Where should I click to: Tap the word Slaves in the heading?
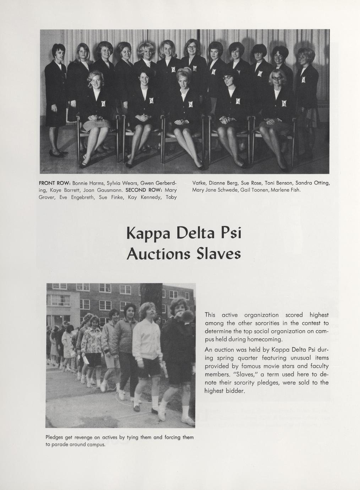click(219, 254)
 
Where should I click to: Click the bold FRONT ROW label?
click(54, 183)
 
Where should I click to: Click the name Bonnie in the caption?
click(80, 183)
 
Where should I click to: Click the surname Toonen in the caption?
click(263, 190)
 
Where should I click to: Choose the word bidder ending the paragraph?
click(234, 391)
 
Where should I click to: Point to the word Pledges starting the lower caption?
click(55, 437)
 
